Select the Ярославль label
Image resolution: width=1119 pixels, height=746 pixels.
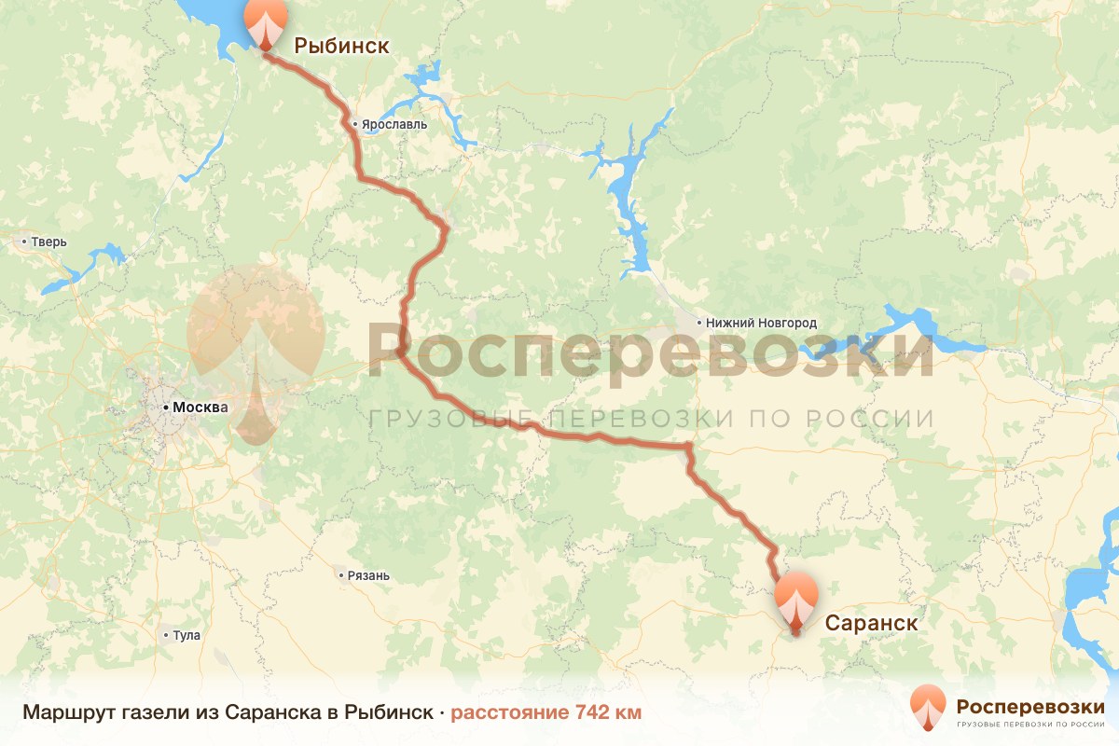[x=395, y=124]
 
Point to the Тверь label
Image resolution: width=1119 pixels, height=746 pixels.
[x=49, y=242]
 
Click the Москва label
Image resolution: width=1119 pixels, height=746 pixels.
[x=200, y=408]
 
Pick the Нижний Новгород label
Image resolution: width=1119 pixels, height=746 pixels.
[x=762, y=323]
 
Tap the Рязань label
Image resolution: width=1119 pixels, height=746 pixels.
[x=367, y=575]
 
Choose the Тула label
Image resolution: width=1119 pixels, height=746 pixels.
[x=186, y=636]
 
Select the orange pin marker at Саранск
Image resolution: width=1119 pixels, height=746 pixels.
[x=795, y=602]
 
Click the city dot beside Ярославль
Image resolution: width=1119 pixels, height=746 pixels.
[x=355, y=124]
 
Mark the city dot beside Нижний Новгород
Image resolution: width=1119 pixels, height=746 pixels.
[x=699, y=323]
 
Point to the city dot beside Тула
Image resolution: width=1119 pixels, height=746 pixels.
[x=166, y=636]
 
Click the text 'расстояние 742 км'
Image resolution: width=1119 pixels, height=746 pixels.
[x=546, y=712]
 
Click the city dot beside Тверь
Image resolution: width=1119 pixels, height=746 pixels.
[x=24, y=242]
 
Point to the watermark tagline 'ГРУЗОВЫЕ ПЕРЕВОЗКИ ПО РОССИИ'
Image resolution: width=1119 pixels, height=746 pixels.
[x=651, y=419]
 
